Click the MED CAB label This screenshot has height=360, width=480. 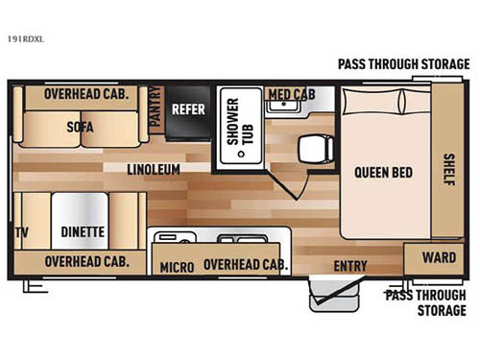pos(291,94)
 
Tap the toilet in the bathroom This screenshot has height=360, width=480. pos(312,147)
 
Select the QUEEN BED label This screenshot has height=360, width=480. pos(383,173)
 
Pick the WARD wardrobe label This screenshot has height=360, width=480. pos(438,257)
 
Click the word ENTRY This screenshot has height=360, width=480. pos(350,266)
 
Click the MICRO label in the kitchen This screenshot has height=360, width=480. pos(178,266)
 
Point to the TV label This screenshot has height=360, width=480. pos(21,231)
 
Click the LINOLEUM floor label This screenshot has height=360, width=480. pos(156,170)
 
